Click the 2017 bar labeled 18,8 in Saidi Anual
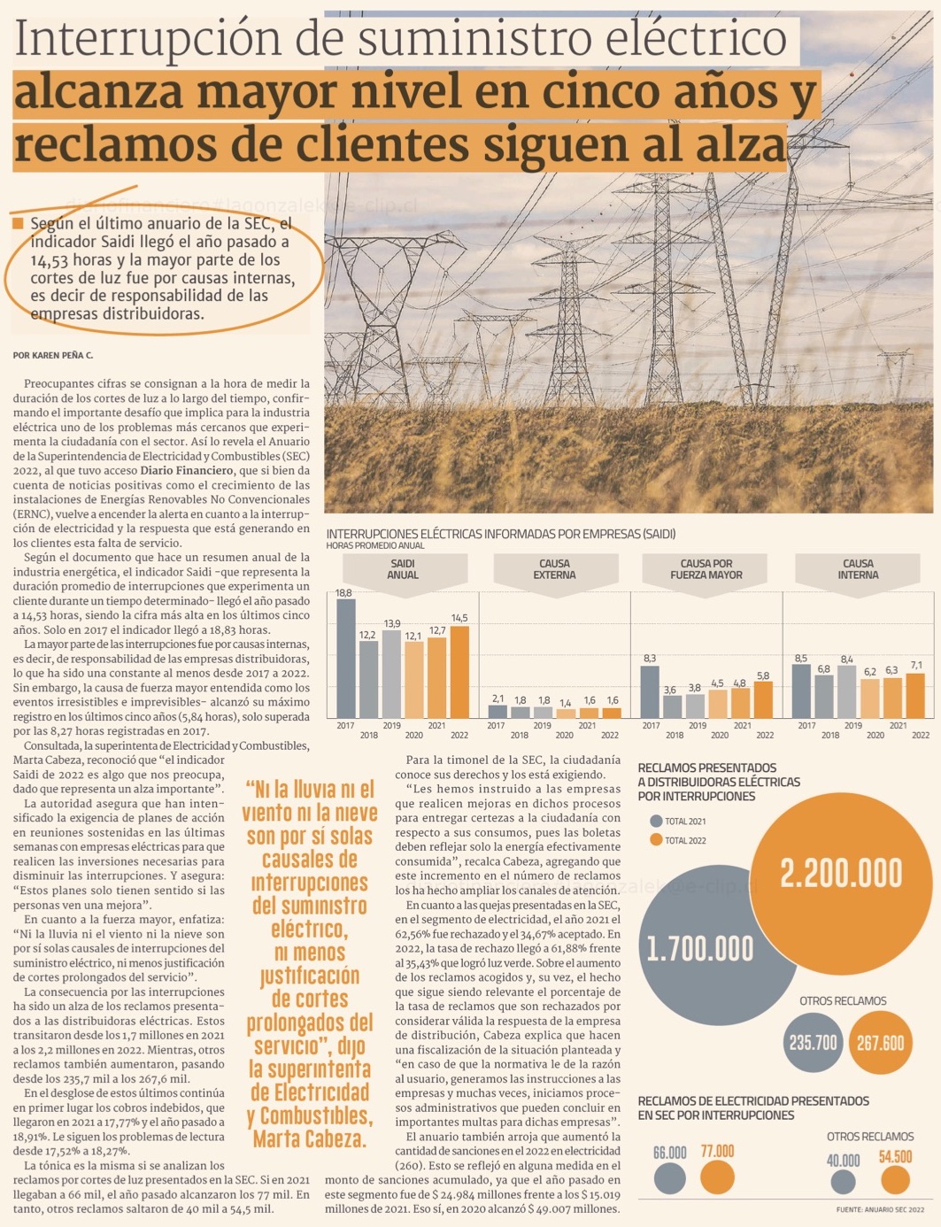(x=345, y=659)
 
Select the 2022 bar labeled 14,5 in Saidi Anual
(x=459, y=672)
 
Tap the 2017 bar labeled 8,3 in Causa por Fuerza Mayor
(x=650, y=691)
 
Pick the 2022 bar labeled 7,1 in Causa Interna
(x=916, y=696)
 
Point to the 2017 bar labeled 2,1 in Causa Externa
(x=497, y=711)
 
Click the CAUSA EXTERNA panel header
(x=555, y=569)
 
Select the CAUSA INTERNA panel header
(x=858, y=569)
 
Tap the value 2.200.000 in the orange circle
(x=840, y=874)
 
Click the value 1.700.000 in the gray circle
(x=699, y=949)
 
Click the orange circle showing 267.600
(x=880, y=1043)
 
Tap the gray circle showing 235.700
(x=813, y=1043)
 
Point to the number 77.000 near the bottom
(x=717, y=1152)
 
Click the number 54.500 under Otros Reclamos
(x=895, y=1157)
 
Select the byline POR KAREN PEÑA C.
(x=53, y=356)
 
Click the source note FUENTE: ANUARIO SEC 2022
(x=880, y=1209)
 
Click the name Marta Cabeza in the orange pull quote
(x=309, y=1138)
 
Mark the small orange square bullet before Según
(x=19, y=224)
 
